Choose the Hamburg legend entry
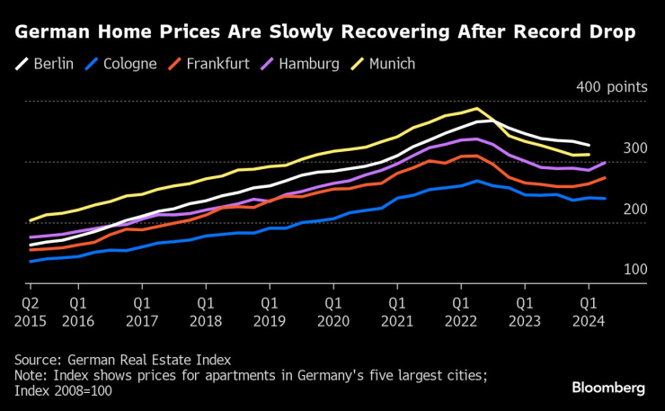[300, 64]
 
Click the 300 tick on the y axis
[634, 148]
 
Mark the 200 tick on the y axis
[634, 209]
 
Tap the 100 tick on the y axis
[634, 269]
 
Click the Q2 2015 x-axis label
[31, 311]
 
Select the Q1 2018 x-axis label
[205, 311]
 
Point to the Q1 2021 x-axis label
[396, 311]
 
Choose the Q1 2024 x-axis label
[588, 311]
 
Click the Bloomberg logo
[608, 388]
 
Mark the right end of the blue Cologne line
[605, 199]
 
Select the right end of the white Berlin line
[590, 145]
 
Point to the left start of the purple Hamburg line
[31, 237]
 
